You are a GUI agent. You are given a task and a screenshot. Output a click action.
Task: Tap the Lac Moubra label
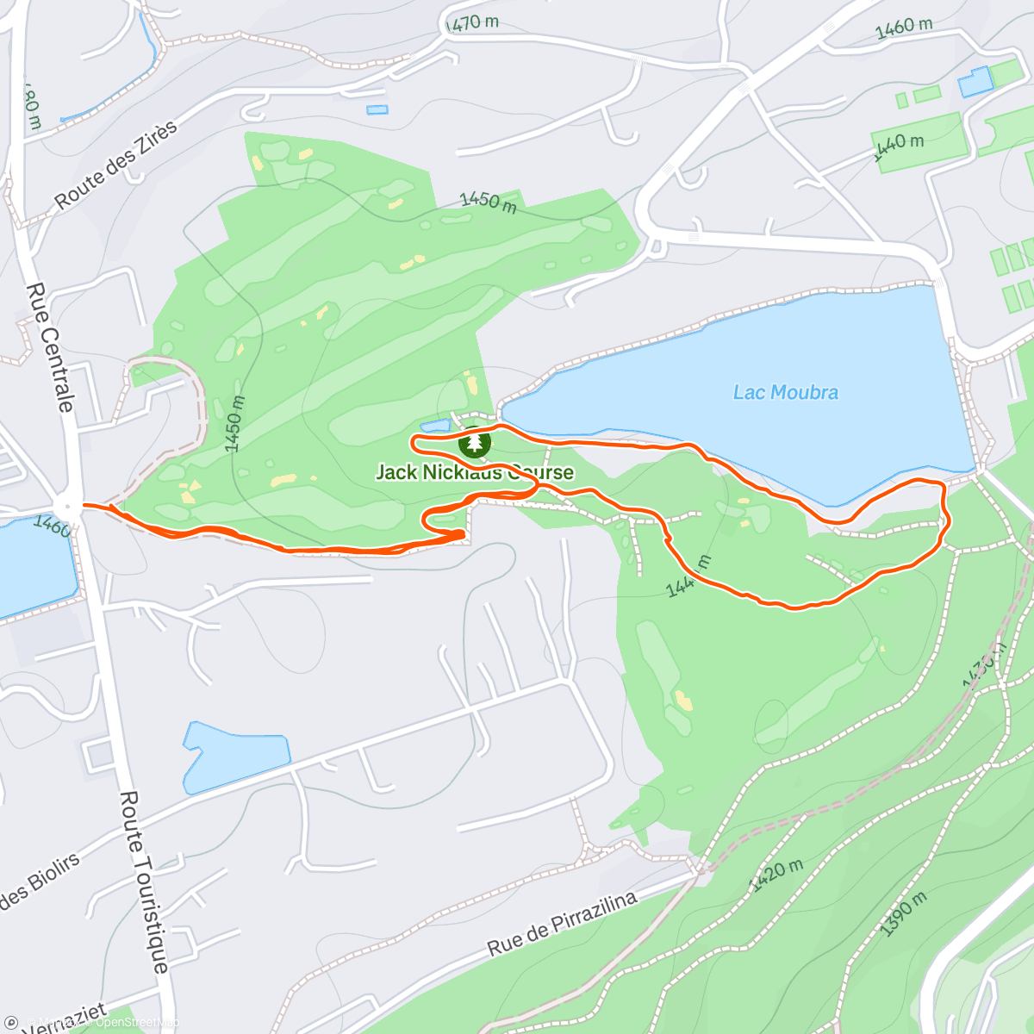tap(785, 393)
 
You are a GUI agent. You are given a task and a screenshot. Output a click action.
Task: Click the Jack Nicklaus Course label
tap(474, 472)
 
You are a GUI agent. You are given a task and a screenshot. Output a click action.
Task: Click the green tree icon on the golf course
tap(474, 443)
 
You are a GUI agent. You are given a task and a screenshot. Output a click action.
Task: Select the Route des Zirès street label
tap(115, 165)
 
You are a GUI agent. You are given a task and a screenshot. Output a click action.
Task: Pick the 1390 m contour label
tap(904, 913)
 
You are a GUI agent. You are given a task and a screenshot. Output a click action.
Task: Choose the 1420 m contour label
tap(776, 875)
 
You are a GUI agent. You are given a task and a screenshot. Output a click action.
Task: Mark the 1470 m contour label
tap(473, 23)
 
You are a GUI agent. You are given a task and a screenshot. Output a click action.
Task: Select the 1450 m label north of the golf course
tap(488, 202)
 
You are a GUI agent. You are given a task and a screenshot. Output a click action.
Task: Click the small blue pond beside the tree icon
tap(435, 426)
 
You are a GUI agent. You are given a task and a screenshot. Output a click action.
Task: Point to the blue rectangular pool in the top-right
tap(975, 82)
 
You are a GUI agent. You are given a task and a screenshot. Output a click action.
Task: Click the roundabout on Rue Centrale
tap(66, 506)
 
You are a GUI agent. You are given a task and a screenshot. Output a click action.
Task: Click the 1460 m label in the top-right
tap(904, 28)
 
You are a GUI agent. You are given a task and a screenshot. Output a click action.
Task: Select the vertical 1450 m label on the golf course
tap(234, 423)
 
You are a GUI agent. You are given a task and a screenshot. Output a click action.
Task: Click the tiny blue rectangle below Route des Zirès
tap(377, 109)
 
